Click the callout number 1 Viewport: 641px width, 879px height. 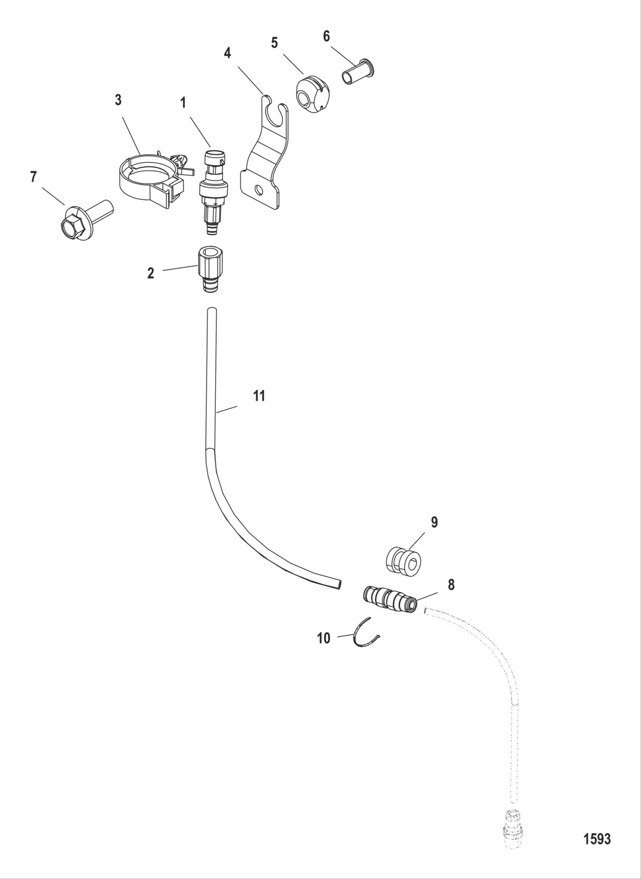click(x=183, y=103)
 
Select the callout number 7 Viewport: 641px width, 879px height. click(x=33, y=176)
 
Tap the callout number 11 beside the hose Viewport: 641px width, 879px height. click(x=259, y=395)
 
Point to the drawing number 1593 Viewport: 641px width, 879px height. click(x=596, y=839)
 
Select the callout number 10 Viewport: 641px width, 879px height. click(x=324, y=638)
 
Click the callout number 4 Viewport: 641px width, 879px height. click(x=228, y=53)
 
